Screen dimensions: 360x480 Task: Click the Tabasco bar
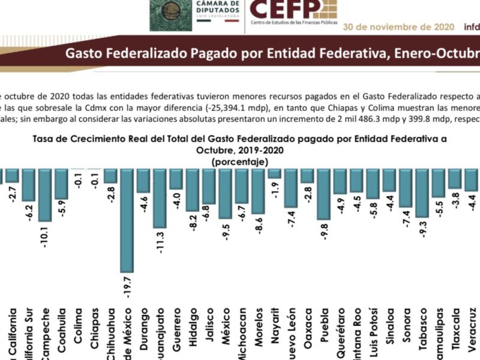[x=422, y=192]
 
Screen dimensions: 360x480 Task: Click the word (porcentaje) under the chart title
[x=240, y=162]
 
